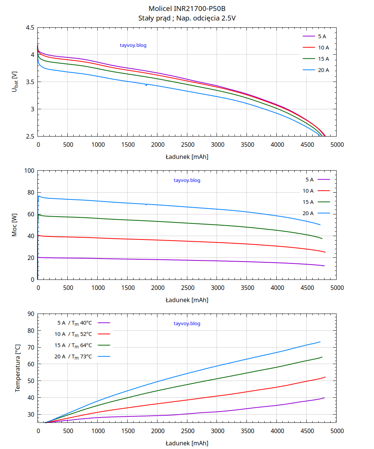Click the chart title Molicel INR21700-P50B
[x=187, y=9]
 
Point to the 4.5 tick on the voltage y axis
[x=30, y=28]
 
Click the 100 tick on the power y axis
[x=29, y=171]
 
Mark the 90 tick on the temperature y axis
[x=31, y=314]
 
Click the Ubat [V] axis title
[x=15, y=82]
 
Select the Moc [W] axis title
[x=15, y=225]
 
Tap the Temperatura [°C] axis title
[x=18, y=368]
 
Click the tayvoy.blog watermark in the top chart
[x=133, y=46]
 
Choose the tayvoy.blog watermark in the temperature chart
[x=187, y=324]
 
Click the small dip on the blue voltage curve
[x=146, y=85]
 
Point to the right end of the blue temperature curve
[x=320, y=342]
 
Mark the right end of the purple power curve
[x=324, y=266]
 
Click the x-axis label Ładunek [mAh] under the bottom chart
[x=187, y=443]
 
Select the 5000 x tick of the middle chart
[x=337, y=288]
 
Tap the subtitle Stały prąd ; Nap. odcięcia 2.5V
[x=187, y=18]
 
